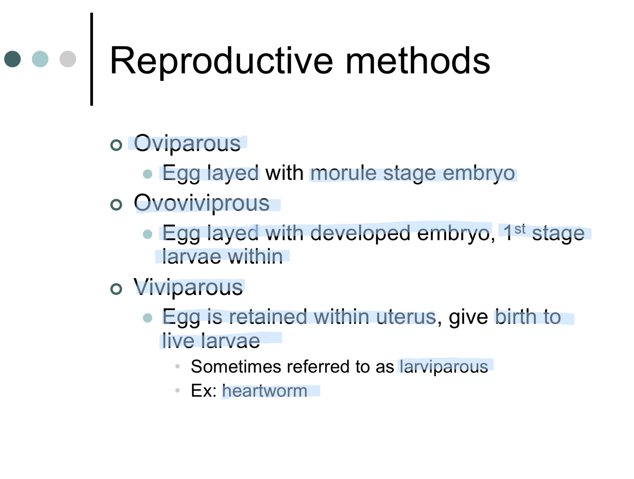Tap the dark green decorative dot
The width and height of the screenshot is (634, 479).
(x=13, y=59)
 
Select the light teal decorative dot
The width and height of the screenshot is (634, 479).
(x=40, y=59)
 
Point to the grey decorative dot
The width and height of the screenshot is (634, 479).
(x=68, y=59)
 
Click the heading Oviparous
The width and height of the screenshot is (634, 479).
(x=187, y=143)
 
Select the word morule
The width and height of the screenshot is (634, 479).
(x=343, y=173)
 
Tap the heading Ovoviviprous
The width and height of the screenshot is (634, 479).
(x=201, y=203)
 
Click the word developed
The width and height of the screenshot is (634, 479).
(x=360, y=233)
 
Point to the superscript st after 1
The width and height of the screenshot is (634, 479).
(x=520, y=229)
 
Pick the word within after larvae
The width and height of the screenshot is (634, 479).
(x=255, y=257)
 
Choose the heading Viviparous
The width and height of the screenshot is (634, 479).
(x=188, y=287)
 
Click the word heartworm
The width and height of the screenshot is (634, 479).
(x=264, y=391)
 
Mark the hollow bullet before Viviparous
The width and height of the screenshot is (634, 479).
(x=116, y=289)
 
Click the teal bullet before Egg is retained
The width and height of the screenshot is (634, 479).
(x=148, y=318)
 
